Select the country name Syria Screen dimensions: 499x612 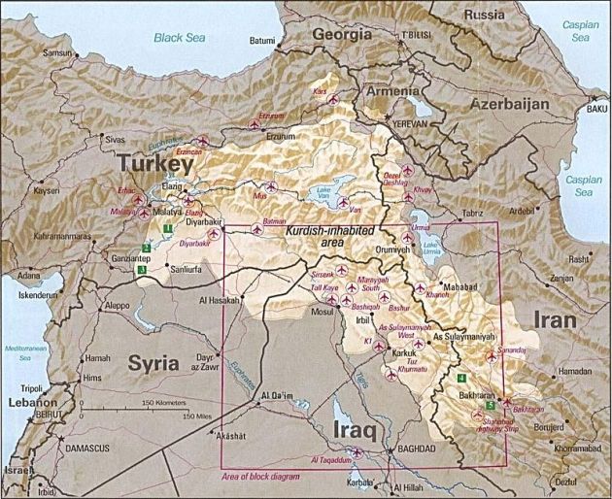pyautogui.click(x=153, y=363)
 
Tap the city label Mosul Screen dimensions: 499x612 pyautogui.click(x=321, y=314)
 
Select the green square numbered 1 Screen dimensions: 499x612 pyautogui.click(x=168, y=228)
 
